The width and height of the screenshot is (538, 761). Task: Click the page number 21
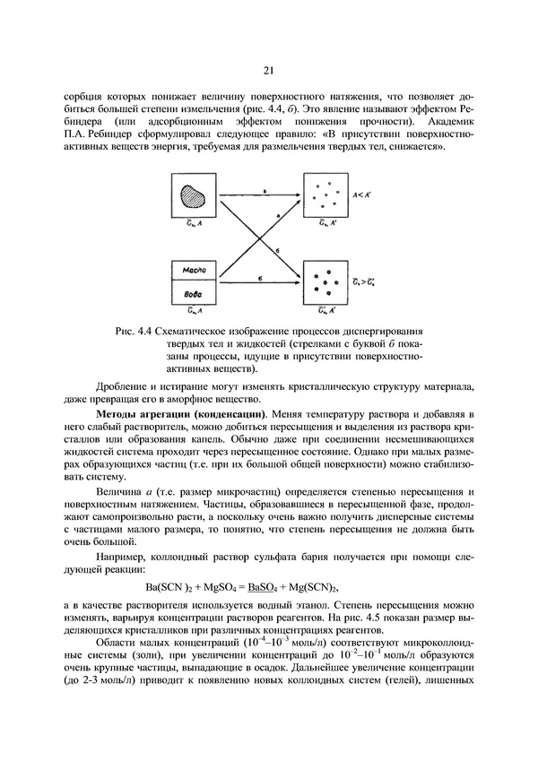pos(268,71)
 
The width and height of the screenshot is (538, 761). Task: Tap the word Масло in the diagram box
pos(194,269)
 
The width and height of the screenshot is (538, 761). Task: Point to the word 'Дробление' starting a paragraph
pos(125,386)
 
